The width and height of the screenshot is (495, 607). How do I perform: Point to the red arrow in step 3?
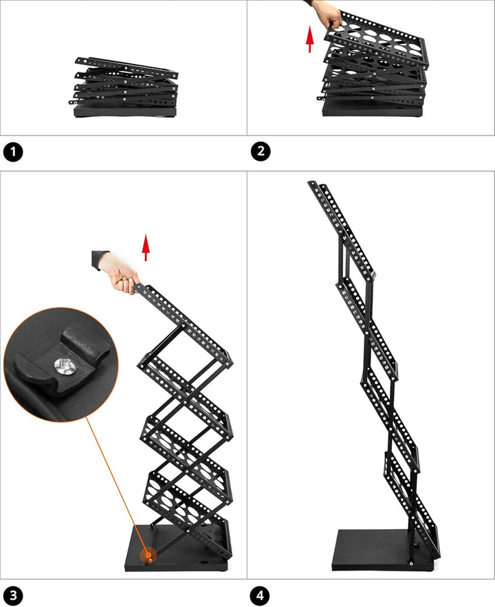coord(145,247)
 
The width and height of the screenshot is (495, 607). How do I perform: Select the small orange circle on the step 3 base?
coord(148,556)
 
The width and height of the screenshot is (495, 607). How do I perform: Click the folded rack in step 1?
coord(124,86)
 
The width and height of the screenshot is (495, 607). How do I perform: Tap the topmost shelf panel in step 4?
coord(344,227)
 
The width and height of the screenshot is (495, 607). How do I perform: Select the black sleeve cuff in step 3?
coord(100,259)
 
